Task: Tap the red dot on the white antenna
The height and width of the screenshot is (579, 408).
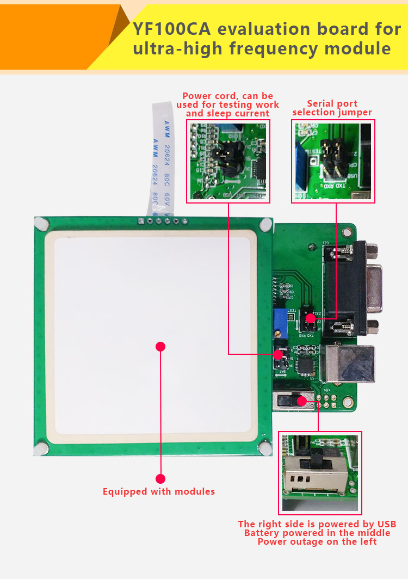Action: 160,346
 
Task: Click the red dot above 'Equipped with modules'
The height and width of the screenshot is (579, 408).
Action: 160,479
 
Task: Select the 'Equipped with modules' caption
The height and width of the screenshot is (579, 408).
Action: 159,491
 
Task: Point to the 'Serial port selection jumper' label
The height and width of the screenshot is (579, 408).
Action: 332,108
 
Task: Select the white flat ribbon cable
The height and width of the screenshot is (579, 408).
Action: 162,158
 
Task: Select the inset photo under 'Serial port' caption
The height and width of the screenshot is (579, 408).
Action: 332,162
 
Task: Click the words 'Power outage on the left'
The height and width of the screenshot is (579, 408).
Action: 317,541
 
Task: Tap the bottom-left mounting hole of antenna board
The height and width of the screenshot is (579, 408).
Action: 40,449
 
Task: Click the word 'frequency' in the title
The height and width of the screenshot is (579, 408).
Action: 273,48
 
